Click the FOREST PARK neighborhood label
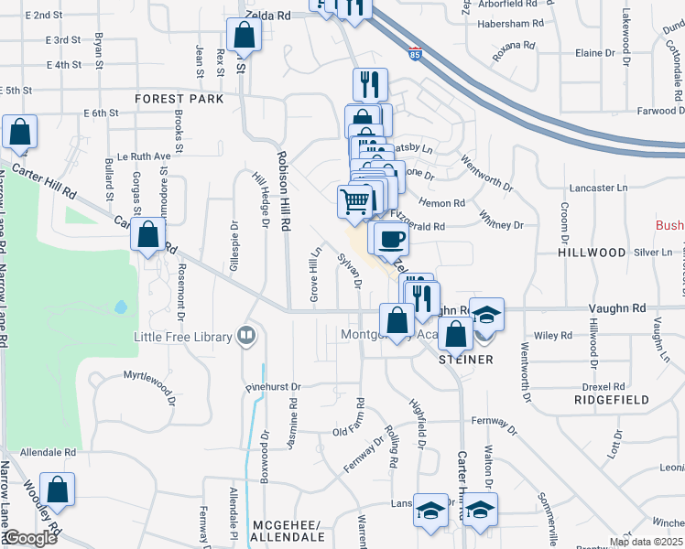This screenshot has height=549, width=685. (x=179, y=98)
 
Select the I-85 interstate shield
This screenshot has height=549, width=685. (x=416, y=54)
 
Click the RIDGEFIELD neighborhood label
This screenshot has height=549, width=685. (x=612, y=400)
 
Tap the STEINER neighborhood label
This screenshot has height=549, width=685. (x=466, y=360)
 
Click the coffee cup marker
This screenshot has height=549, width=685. (x=390, y=238)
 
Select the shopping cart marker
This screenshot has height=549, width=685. (x=354, y=200)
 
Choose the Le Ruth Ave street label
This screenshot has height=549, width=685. (x=137, y=156)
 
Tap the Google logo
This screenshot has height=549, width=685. (x=31, y=539)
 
